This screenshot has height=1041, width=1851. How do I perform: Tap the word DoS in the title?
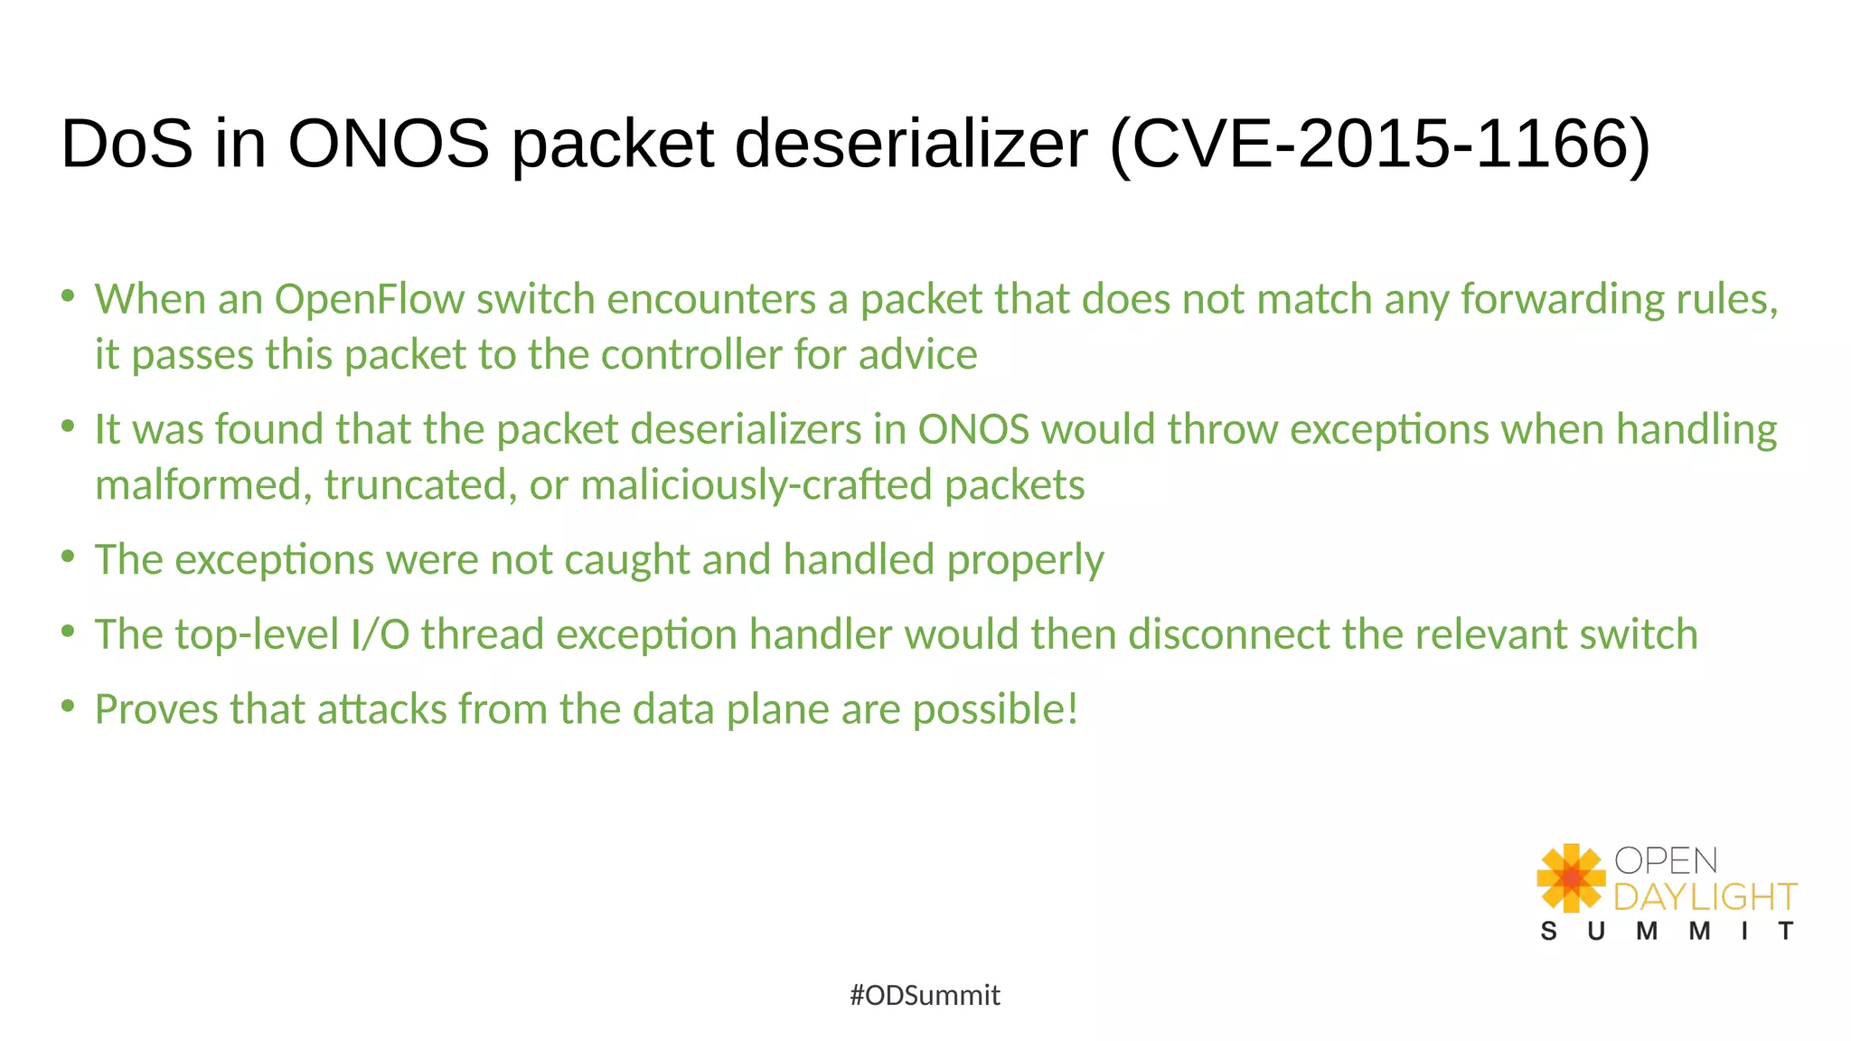(127, 145)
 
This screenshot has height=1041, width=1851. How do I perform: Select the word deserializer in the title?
(911, 145)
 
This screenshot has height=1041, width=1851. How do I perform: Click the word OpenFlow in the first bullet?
(370, 299)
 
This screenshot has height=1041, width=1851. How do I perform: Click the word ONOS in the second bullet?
(973, 429)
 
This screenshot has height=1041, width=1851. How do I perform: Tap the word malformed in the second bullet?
(198, 485)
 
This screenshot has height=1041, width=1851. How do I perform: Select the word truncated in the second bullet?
(420, 485)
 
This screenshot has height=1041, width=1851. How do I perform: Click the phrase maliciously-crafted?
(756, 485)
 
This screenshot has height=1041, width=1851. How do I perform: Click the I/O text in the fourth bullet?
(380, 634)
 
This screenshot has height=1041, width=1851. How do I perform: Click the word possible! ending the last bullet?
(995, 709)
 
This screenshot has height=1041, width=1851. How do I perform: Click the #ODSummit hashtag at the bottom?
(925, 995)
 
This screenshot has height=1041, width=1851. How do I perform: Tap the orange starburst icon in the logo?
(1571, 877)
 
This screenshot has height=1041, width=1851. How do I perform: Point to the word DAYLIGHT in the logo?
(1705, 897)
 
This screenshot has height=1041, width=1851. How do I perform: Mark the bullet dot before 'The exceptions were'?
(68, 557)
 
